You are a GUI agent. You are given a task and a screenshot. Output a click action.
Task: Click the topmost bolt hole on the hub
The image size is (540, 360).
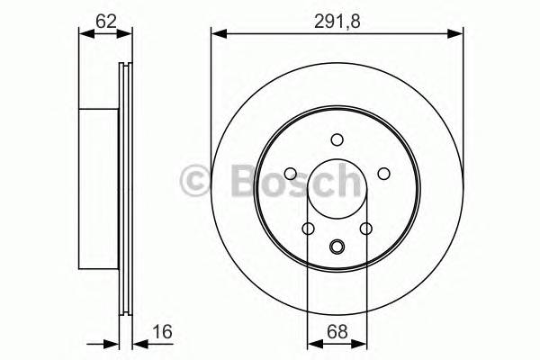tap(337, 139)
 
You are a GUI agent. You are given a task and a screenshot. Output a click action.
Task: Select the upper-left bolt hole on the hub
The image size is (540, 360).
tap(291, 174)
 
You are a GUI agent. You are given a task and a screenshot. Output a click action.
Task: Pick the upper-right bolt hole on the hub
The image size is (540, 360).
tap(382, 174)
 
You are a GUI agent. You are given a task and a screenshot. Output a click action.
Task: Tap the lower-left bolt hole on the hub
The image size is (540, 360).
tap(308, 229)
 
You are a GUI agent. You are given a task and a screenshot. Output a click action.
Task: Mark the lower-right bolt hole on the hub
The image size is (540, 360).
tap(365, 229)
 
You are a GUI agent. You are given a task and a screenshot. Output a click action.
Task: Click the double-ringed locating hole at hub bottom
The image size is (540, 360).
tap(337, 247)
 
